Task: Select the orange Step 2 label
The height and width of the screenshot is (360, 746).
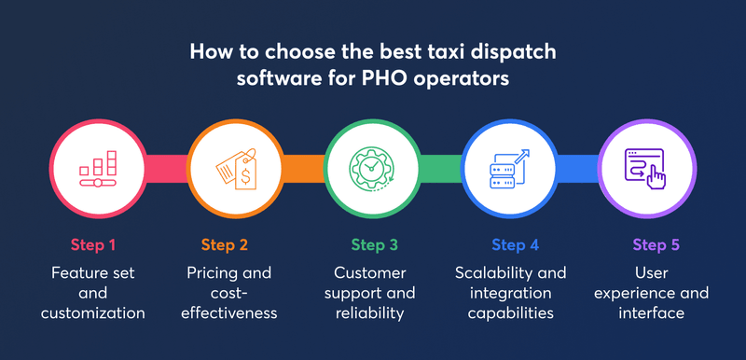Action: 224,245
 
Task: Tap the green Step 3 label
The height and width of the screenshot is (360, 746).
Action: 374,245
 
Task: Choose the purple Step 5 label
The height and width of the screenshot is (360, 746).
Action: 656,245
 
